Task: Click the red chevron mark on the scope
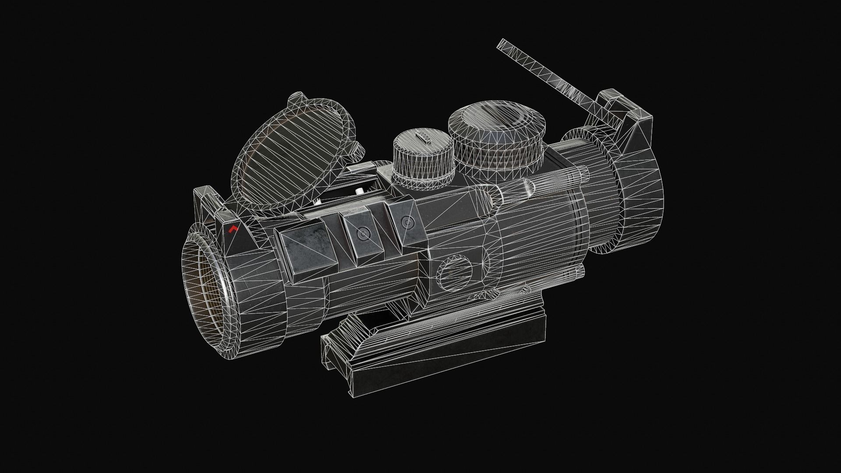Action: [233, 229]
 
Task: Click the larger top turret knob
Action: [498, 131]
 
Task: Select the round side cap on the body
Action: [456, 274]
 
